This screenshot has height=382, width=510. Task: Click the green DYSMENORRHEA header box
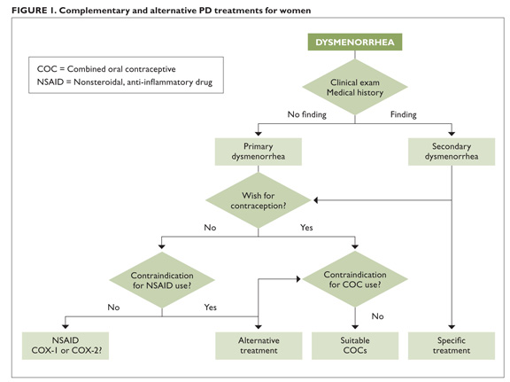tap(355, 42)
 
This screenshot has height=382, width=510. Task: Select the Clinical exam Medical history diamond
tap(355, 87)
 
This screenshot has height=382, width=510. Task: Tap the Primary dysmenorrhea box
tap(259, 152)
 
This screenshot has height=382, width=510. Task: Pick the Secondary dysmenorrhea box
tap(452, 152)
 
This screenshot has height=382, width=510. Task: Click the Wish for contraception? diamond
tap(259, 200)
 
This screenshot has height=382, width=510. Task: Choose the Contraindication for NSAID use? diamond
tap(162, 280)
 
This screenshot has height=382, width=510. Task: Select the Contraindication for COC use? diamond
tap(355, 279)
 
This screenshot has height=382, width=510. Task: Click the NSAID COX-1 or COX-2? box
tap(66, 346)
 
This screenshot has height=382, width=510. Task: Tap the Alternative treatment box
tap(259, 346)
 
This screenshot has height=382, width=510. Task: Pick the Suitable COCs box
tap(355, 346)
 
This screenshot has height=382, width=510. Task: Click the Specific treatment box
tap(452, 346)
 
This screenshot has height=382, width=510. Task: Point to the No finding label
tap(306, 114)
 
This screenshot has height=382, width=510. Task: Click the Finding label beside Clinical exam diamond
tap(404, 114)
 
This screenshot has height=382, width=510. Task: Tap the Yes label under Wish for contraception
tap(306, 227)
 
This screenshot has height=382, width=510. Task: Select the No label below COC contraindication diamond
tap(377, 316)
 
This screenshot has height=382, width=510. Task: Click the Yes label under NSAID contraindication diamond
tap(210, 307)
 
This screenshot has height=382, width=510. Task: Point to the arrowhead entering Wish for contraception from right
tap(315, 200)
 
